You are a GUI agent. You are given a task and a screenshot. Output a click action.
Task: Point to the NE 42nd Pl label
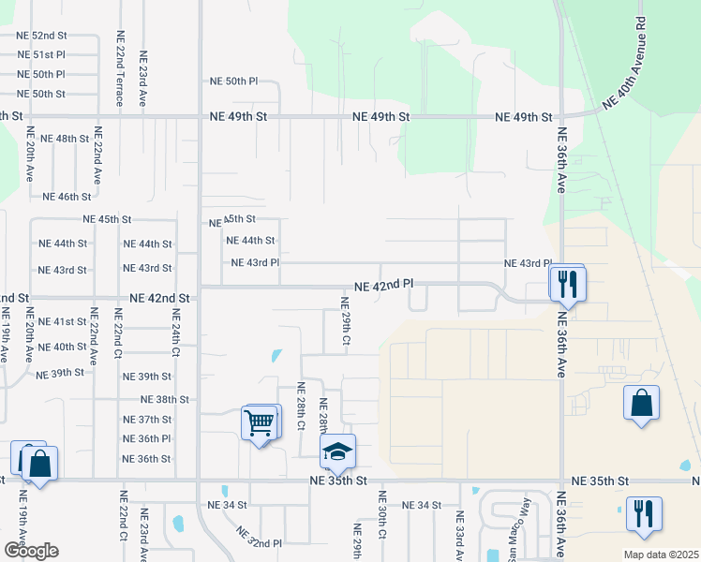384,284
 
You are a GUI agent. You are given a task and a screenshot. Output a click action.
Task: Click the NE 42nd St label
159,298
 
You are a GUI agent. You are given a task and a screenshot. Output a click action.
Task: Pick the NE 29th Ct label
345,323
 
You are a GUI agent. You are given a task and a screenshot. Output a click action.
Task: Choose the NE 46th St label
67,197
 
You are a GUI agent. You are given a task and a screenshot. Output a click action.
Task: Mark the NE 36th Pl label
147,438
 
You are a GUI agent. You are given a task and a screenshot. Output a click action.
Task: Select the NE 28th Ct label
301,405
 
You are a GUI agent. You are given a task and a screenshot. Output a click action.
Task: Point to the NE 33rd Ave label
459,534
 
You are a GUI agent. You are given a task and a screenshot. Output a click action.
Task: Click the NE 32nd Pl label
260,539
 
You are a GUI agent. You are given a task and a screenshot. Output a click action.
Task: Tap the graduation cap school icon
338,453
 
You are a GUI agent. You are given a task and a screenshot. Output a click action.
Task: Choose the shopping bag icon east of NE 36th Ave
641,404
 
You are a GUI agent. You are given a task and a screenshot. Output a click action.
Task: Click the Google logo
30,551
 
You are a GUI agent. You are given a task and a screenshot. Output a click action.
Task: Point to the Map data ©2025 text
660,555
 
